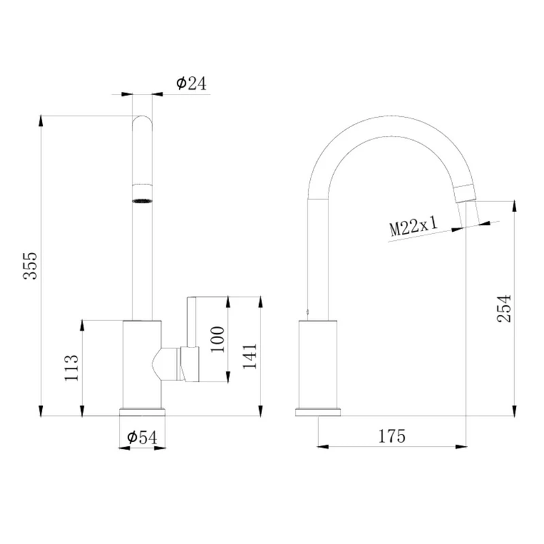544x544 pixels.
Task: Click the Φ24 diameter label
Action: (191, 83)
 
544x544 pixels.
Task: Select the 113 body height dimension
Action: (72, 368)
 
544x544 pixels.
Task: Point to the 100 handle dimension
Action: (218, 339)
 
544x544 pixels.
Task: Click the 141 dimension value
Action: (250, 356)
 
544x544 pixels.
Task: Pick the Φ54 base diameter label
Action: (142, 437)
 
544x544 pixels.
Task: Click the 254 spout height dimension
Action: (505, 309)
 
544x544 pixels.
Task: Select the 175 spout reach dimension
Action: (392, 436)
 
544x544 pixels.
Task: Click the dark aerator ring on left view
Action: (142, 201)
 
